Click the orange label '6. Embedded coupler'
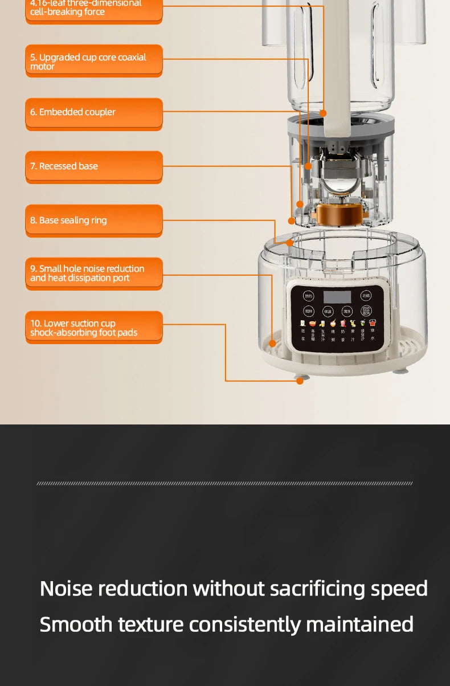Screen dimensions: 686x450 click(94, 113)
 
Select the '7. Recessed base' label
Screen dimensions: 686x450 click(94, 166)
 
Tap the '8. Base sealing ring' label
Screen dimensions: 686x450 click(94, 220)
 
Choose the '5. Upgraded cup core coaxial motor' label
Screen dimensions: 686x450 click(94, 60)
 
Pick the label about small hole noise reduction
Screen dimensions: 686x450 click(94, 273)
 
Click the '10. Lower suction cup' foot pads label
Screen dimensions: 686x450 click(94, 328)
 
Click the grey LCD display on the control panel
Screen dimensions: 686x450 click(337, 297)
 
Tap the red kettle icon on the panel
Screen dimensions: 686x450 click(373, 323)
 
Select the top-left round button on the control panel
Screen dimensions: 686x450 click(308, 296)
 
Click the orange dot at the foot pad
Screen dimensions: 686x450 click(300, 381)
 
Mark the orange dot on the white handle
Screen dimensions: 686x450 click(323, 113)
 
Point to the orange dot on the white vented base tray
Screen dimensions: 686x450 click(272, 344)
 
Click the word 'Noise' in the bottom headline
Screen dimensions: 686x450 click(66, 589)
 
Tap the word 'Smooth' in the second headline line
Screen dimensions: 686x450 click(76, 624)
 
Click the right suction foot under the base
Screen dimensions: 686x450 click(401, 371)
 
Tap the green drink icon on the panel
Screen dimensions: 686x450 click(362, 323)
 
